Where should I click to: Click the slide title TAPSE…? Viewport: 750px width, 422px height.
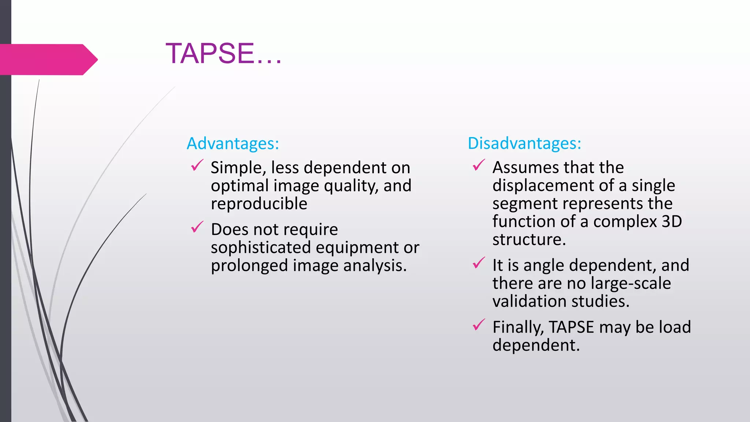pos(223,53)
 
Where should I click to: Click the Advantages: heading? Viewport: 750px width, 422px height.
pos(233,143)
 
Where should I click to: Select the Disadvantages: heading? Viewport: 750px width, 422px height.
pos(524,143)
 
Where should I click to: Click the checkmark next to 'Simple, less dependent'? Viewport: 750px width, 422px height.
pos(197,166)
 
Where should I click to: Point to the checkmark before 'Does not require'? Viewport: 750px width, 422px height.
pos(197,227)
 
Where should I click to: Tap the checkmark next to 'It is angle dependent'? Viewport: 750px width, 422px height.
pos(479,263)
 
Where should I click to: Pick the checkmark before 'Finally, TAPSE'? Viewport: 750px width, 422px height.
pos(479,325)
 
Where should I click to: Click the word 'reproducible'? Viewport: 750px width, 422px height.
pos(259,204)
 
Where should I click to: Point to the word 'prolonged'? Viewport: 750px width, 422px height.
pos(249,266)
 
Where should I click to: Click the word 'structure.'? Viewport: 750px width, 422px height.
pos(529,240)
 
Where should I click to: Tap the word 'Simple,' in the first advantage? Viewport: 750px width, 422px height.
pos(238,168)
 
